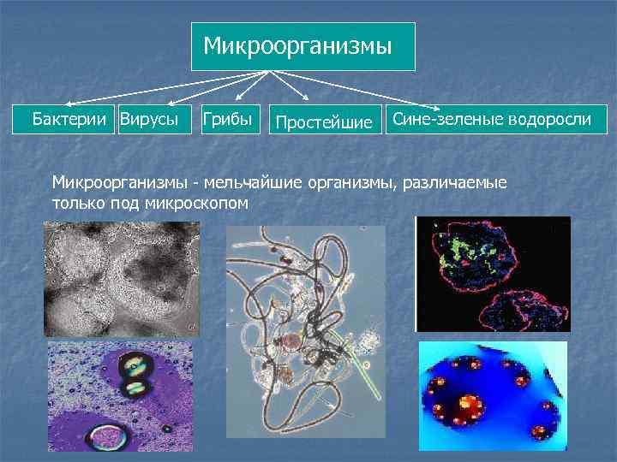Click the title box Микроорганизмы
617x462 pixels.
click(x=303, y=46)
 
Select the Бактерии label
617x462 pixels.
click(x=72, y=119)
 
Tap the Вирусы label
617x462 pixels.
click(x=149, y=119)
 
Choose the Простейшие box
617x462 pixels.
click(x=324, y=122)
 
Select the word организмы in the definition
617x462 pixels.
click(x=360, y=183)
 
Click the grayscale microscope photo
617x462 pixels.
click(x=120, y=278)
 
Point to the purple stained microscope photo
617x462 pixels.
click(x=120, y=396)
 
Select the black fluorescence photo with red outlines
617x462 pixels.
click(x=493, y=274)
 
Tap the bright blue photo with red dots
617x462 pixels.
click(x=493, y=396)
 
